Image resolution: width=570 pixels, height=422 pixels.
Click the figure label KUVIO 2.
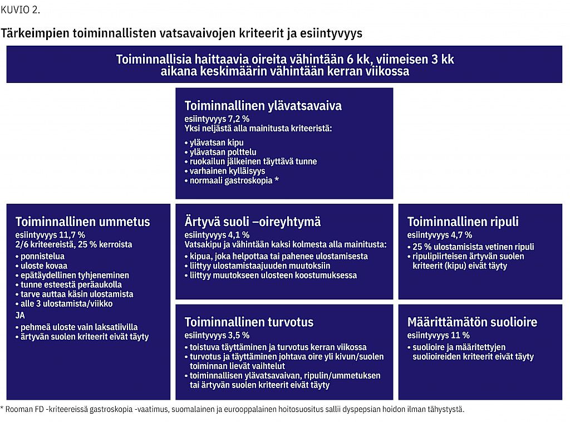(21, 9)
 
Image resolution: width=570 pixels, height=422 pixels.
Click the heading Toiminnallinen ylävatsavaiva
(263, 106)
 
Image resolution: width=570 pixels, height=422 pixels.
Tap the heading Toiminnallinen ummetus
(82, 222)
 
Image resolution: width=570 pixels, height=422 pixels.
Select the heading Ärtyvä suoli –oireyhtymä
(252, 222)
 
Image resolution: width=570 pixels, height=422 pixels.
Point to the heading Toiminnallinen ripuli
(463, 222)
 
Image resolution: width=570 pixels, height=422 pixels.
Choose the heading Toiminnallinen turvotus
(249, 322)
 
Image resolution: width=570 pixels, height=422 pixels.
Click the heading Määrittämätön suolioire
(472, 322)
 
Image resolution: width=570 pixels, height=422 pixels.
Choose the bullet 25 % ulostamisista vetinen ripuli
(473, 247)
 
